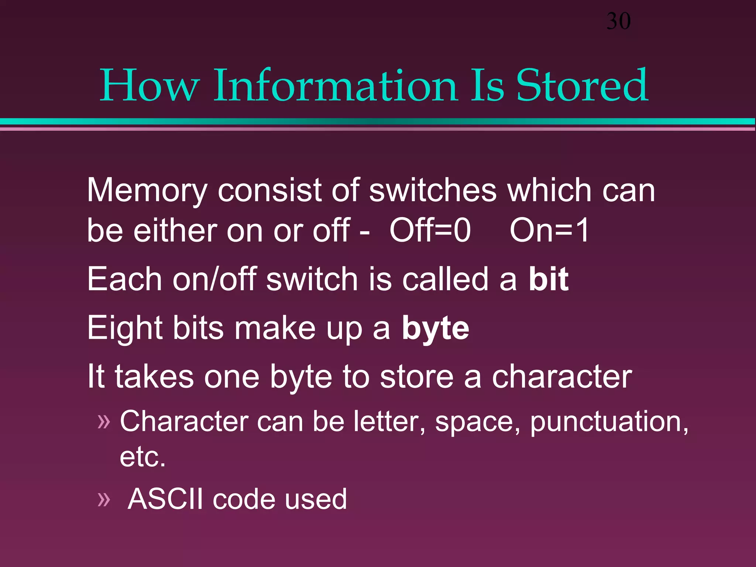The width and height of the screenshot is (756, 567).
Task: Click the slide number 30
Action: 618,21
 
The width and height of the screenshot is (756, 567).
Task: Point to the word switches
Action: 433,190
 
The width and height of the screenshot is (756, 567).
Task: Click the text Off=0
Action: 430,230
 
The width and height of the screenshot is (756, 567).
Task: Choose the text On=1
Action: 549,230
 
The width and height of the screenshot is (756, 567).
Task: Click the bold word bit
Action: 548,279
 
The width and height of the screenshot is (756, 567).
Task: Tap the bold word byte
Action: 435,329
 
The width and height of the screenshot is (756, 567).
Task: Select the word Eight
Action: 125,329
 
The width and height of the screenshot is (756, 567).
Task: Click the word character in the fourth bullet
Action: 562,377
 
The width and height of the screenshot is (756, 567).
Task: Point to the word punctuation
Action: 609,422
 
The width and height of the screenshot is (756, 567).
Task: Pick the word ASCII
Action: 165,499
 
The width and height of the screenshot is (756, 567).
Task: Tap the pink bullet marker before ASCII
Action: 104,500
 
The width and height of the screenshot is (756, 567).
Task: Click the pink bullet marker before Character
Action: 104,422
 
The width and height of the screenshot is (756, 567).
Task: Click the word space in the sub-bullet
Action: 478,422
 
